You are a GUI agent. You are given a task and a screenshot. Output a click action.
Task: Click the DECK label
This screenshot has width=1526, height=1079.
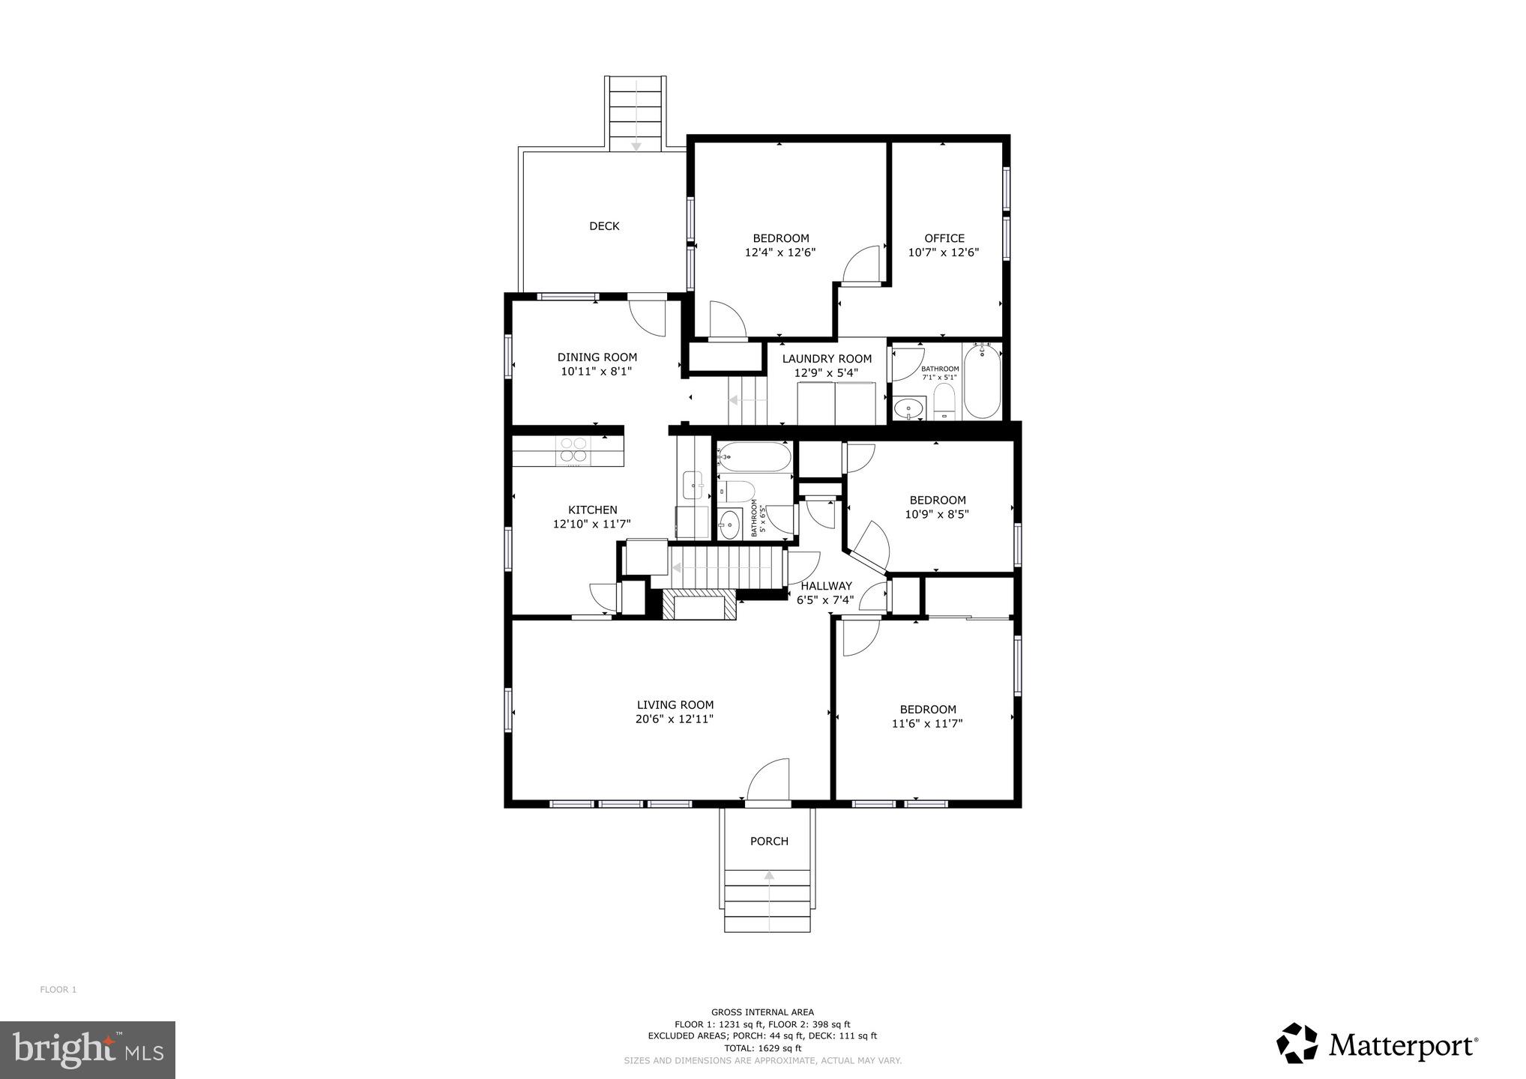pos(604,226)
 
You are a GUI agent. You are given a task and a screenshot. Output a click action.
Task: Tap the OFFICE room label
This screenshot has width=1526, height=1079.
pos(944,238)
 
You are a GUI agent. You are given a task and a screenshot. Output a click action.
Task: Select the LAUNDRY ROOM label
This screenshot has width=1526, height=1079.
pos(827,359)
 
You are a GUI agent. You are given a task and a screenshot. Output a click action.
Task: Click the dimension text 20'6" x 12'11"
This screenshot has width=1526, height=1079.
pos(674,719)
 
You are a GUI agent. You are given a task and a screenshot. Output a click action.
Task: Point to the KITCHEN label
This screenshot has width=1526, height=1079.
pos(592,510)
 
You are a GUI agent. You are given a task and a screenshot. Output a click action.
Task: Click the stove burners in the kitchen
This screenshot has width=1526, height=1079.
pos(573,450)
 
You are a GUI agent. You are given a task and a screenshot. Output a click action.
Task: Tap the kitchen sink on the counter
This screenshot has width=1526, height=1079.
pos(692,484)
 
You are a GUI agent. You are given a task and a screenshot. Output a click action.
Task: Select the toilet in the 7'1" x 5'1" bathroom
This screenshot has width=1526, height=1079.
pos(944,402)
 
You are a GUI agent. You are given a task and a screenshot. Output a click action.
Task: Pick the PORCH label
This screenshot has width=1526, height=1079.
pos(769,841)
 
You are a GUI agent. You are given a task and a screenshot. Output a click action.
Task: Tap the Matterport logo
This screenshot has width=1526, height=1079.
pos(1377,1043)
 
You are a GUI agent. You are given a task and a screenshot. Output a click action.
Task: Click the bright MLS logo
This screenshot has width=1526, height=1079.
pos(87,1050)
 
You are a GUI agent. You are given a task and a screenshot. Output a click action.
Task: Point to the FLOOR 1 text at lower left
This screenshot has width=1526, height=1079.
pos(58,990)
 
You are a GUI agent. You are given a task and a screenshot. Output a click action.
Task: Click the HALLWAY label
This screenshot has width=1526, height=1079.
pos(826,586)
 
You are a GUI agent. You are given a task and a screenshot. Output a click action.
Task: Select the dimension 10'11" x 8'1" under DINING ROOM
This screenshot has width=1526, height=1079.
pos(597,372)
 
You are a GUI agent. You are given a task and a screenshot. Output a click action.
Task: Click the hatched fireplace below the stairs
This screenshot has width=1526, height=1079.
pos(699,605)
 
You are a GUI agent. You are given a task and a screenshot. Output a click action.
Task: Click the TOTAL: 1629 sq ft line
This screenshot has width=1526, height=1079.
pos(762,1048)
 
